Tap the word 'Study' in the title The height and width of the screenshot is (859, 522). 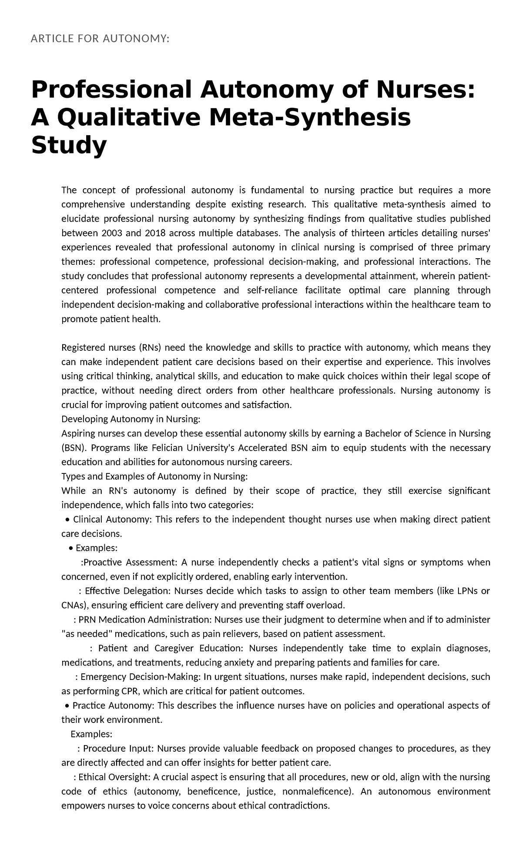69,146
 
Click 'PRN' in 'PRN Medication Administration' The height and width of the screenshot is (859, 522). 87,620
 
